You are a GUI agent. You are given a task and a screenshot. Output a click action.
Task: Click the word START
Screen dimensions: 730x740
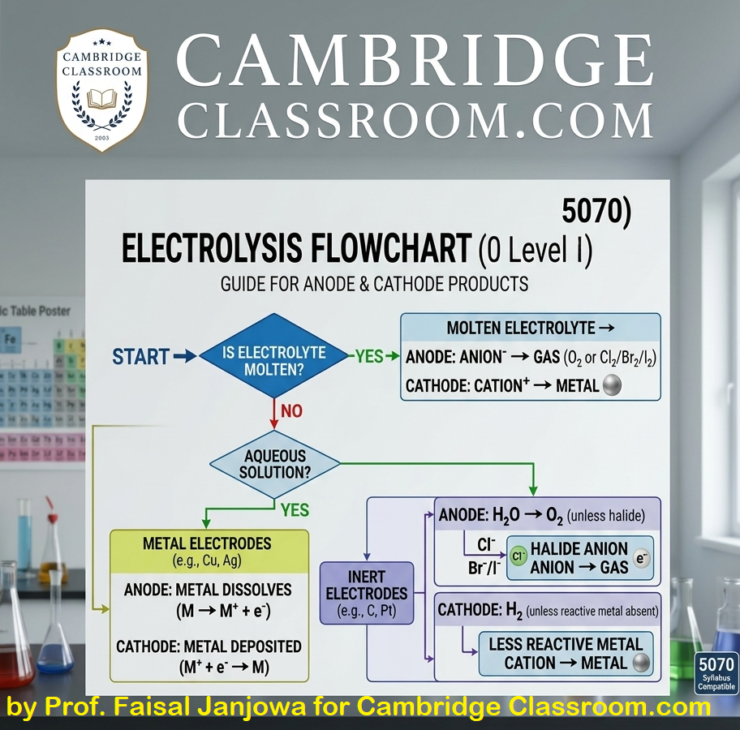[140, 356]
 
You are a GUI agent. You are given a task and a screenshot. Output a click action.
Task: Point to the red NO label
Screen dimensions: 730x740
[290, 411]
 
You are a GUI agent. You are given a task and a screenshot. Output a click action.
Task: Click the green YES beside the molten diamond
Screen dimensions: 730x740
[369, 356]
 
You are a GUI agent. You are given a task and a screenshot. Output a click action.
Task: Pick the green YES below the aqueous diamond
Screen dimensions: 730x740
[295, 510]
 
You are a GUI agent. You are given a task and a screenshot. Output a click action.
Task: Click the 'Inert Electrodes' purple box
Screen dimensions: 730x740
[367, 593]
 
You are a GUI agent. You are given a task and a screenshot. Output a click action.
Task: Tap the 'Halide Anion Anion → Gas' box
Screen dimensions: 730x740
[579, 558]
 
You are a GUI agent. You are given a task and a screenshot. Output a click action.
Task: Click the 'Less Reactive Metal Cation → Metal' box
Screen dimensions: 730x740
[565, 654]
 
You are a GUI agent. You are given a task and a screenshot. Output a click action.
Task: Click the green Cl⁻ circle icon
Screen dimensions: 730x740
[518, 558]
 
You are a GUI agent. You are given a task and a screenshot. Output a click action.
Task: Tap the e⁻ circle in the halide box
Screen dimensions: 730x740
[642, 558]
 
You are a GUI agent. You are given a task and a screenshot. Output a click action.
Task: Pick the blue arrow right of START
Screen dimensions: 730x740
[185, 356]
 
